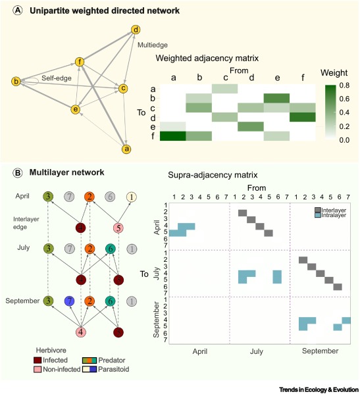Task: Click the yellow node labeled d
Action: (136, 30)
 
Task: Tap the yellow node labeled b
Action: (16, 82)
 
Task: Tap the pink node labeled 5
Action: (118, 228)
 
